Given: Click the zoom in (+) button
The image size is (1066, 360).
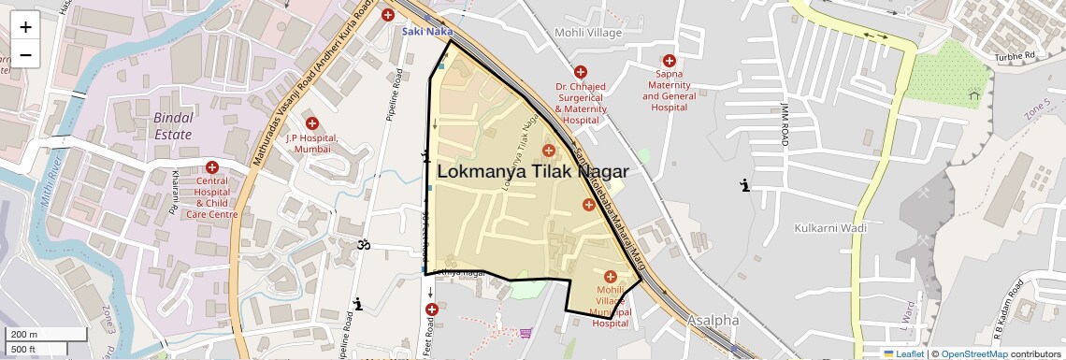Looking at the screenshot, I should (x=25, y=27).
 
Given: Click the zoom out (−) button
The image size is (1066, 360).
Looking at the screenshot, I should (x=25, y=55).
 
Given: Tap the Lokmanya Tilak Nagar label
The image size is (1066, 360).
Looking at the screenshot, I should (x=532, y=171).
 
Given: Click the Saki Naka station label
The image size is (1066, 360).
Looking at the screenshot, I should (x=427, y=31).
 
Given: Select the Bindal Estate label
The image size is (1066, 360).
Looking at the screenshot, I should (x=173, y=126).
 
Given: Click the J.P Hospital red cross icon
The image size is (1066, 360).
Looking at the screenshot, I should (x=312, y=123).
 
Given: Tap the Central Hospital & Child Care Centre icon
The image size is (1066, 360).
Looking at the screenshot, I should (x=212, y=168).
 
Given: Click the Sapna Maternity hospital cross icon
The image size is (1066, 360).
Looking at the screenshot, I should (x=669, y=61).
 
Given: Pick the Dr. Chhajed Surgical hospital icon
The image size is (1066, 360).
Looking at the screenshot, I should (x=581, y=71).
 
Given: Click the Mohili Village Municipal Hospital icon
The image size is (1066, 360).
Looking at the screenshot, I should (x=611, y=276).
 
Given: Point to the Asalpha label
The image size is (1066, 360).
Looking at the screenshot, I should (x=713, y=320).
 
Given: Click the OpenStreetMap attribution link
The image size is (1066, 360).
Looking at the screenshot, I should (x=974, y=353).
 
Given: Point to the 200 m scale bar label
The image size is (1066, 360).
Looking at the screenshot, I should (x=25, y=335).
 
